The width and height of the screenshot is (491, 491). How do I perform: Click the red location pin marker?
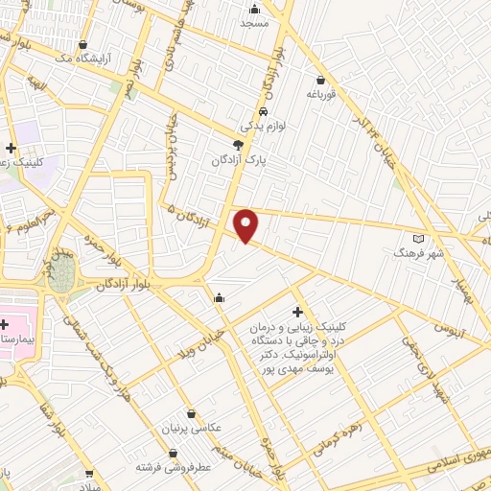tap(246, 224)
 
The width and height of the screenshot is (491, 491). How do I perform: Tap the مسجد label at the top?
tap(254, 22)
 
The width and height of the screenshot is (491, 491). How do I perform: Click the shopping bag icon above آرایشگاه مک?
tap(84, 44)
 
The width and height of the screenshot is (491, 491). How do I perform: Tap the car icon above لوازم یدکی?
tap(250, 110)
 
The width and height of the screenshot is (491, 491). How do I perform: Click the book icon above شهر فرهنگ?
tap(416, 238)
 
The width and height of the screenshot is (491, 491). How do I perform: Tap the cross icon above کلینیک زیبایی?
tap(297, 312)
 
